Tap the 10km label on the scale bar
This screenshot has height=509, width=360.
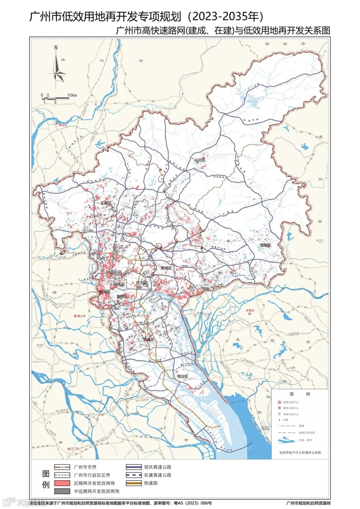(x=72, y=95)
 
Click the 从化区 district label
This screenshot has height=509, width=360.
(x=200, y=160)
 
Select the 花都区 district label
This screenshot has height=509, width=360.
(x=106, y=203)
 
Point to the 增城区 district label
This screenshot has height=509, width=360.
(x=265, y=245)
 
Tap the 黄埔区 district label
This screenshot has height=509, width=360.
(x=166, y=268)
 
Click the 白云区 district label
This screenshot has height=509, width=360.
(x=116, y=272)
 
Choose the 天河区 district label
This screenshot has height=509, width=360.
(x=142, y=283)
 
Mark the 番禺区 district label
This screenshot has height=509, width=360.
(x=149, y=339)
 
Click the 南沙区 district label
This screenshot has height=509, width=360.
(x=183, y=376)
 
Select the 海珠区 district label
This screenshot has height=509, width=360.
(x=122, y=296)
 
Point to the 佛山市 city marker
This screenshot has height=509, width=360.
(x=75, y=316)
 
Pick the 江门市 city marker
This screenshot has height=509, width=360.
(x=69, y=449)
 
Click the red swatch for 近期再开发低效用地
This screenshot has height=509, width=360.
(x=62, y=483)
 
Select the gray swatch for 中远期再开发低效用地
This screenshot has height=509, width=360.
(x=62, y=491)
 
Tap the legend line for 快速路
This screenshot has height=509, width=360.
(x=134, y=483)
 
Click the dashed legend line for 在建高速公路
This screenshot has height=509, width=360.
(x=134, y=475)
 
